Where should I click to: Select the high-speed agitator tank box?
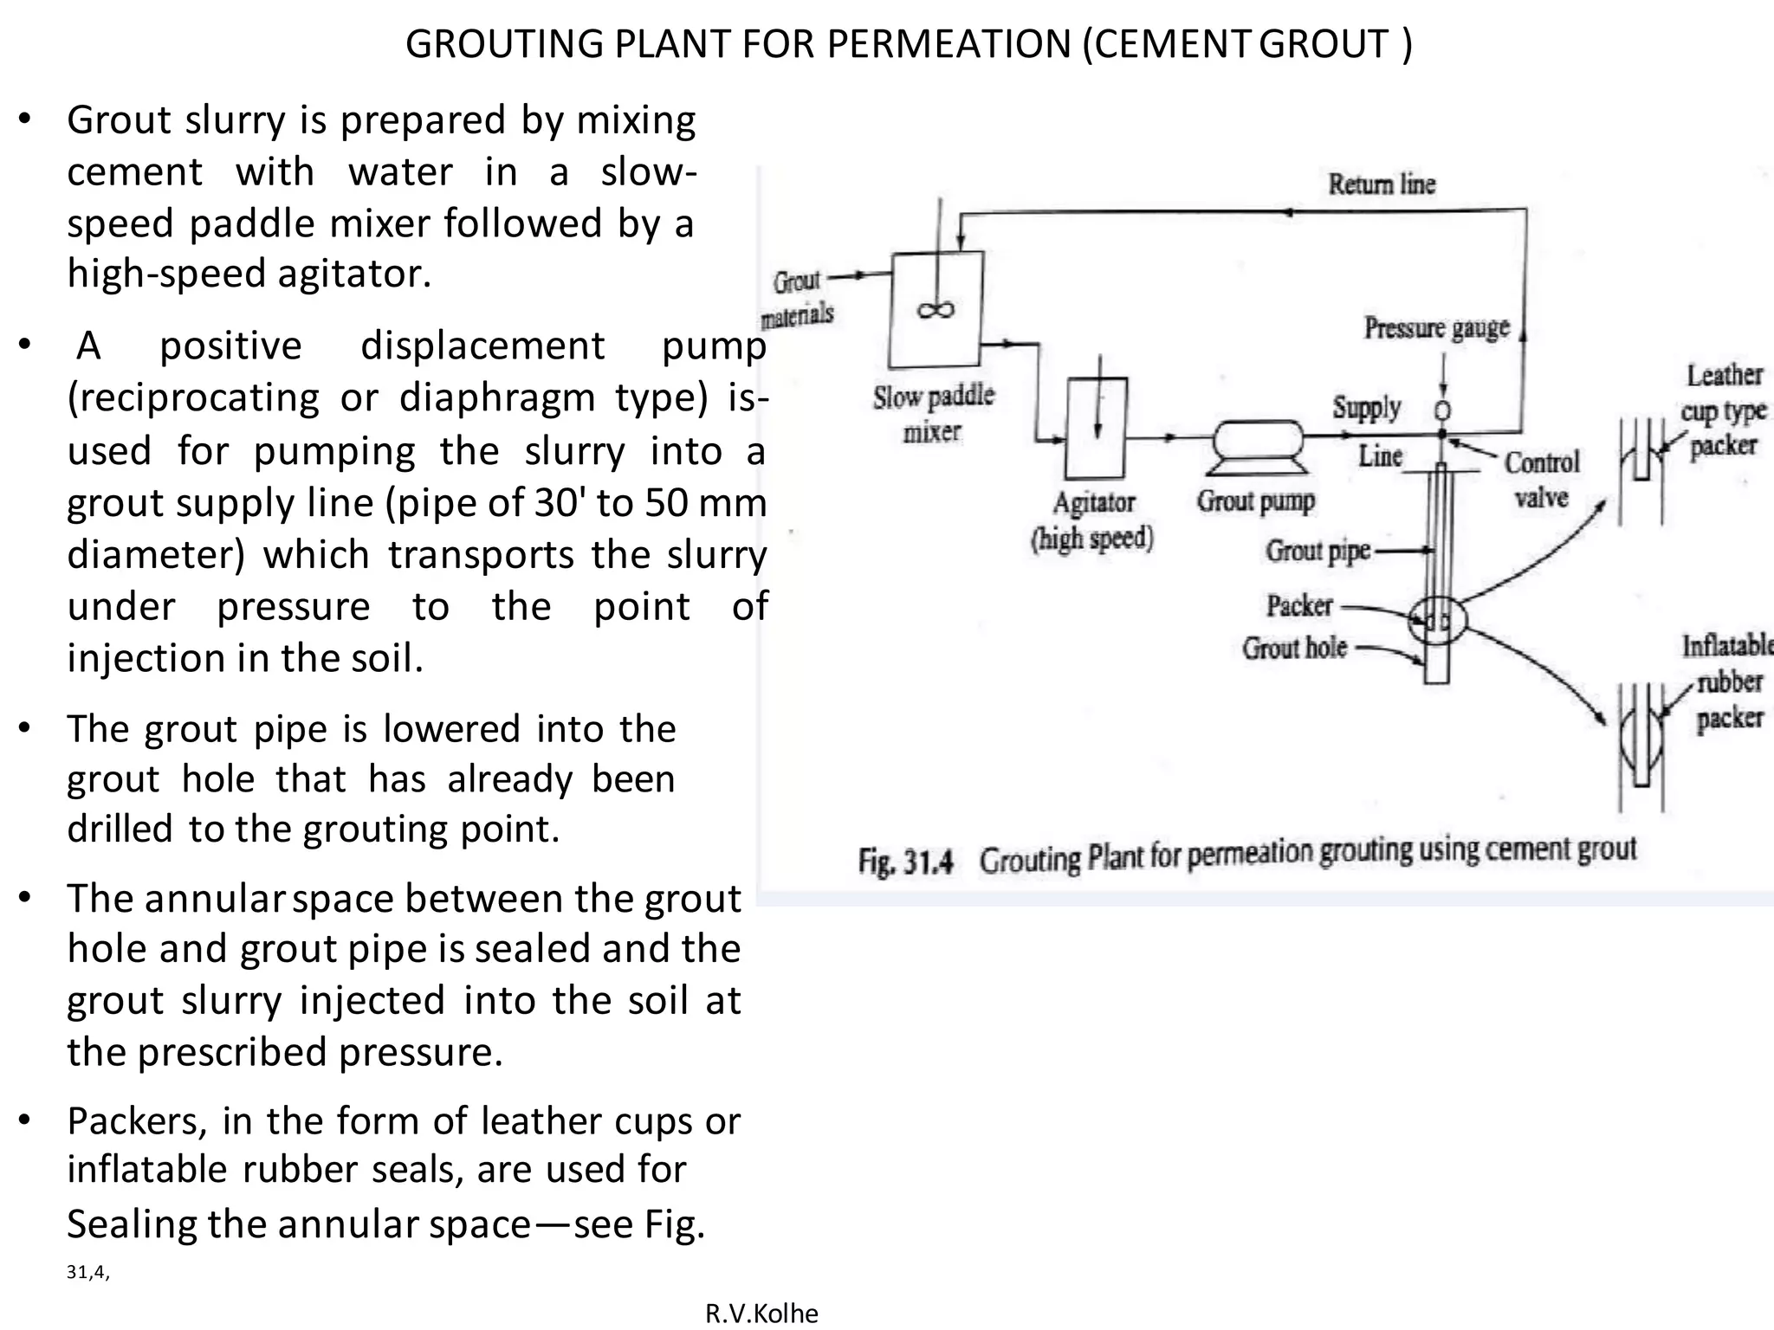point(1097,428)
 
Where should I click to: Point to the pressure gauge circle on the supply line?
point(1442,410)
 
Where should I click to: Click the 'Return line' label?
point(1382,184)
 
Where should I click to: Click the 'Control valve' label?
point(1542,479)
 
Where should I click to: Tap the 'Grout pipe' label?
point(1318,551)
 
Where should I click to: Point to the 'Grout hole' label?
point(1294,648)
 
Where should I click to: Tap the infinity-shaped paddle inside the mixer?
point(936,309)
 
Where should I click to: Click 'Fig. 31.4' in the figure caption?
point(905,862)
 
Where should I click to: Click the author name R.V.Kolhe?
point(761,1313)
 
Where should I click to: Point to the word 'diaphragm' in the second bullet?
point(498,397)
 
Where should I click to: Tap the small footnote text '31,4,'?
point(87,1272)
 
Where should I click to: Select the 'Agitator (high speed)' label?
point(1093,520)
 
